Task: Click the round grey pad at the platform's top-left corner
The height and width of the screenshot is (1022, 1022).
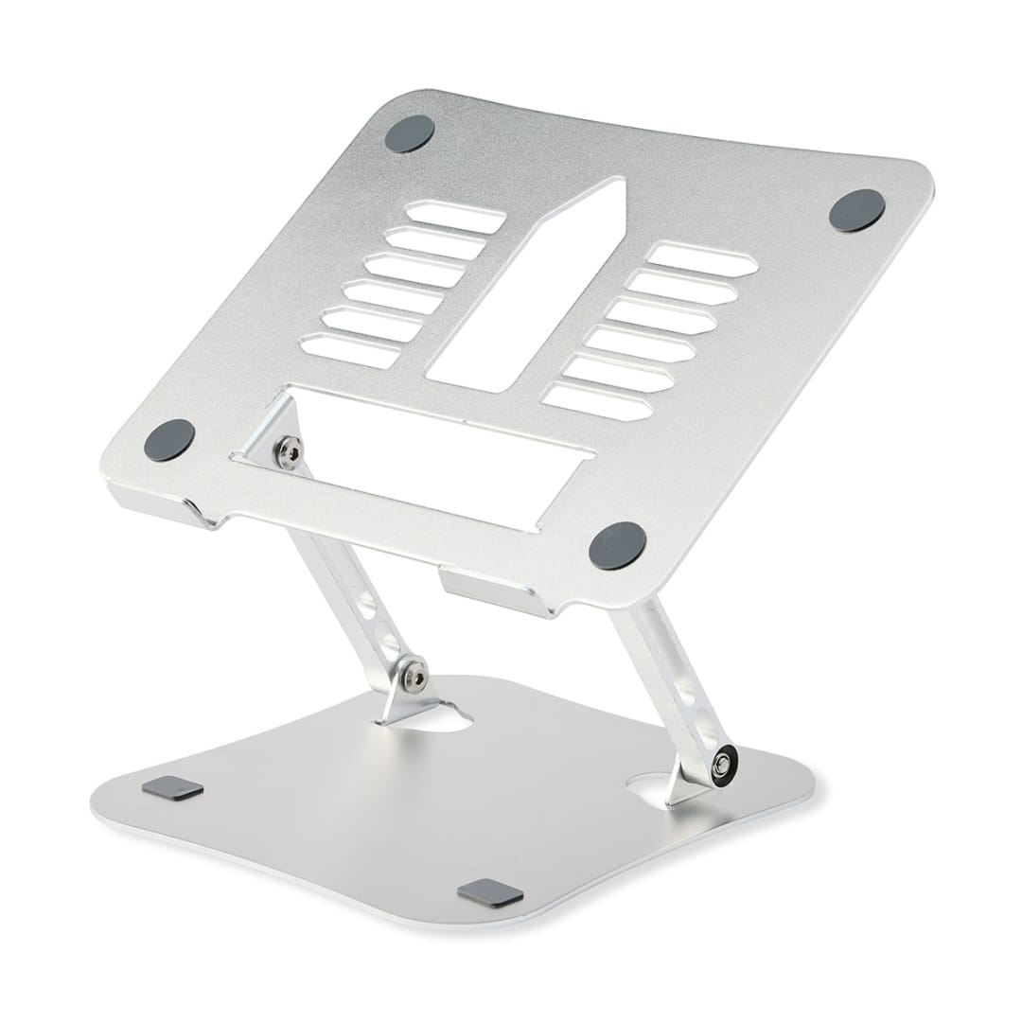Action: pyautogui.click(x=409, y=133)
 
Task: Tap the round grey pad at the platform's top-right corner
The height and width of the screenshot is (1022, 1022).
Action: pyautogui.click(x=856, y=209)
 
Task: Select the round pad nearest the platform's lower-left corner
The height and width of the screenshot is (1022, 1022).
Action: pyautogui.click(x=169, y=440)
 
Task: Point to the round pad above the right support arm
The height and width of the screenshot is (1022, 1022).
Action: pyautogui.click(x=617, y=545)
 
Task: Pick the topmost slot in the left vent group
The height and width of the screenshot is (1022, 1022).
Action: pyautogui.click(x=455, y=217)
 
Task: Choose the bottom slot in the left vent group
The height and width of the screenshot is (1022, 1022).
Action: pyautogui.click(x=349, y=351)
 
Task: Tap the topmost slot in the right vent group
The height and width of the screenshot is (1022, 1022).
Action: pyautogui.click(x=702, y=259)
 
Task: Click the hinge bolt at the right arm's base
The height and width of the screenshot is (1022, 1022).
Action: pyautogui.click(x=724, y=762)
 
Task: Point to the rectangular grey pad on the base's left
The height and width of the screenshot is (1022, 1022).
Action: pyautogui.click(x=172, y=788)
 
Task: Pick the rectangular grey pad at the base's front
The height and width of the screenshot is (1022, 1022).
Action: pyautogui.click(x=490, y=892)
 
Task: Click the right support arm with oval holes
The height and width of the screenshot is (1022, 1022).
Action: pyautogui.click(x=677, y=681)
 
